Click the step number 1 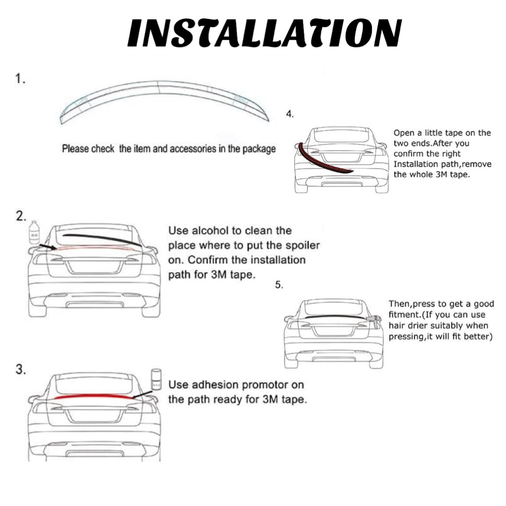20,80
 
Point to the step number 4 290,114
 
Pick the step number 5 279,285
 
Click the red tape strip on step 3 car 94,396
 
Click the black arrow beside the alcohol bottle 47,246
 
